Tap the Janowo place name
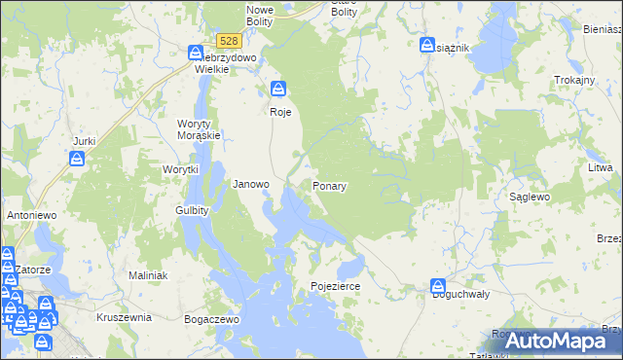[x=251, y=184]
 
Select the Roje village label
[x=280, y=112]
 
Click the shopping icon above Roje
[x=279, y=89]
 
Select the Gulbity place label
[x=192, y=210]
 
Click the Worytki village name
[x=180, y=169]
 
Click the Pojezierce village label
[x=336, y=287]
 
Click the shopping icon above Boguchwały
[x=437, y=286]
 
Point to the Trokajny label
[x=573, y=80]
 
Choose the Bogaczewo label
[x=212, y=318]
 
